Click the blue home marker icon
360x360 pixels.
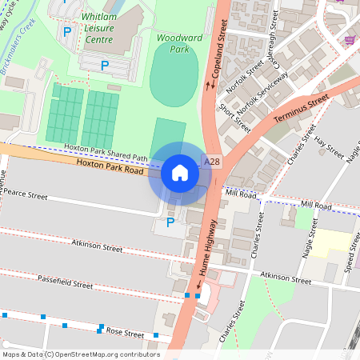180,172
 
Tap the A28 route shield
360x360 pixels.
212,162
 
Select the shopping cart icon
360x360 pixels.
350,39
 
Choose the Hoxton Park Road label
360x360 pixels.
110,166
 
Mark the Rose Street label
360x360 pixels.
125,333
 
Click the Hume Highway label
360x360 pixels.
204,257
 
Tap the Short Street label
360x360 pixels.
235,118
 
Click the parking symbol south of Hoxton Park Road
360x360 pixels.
170,222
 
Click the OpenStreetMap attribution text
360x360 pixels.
80,354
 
